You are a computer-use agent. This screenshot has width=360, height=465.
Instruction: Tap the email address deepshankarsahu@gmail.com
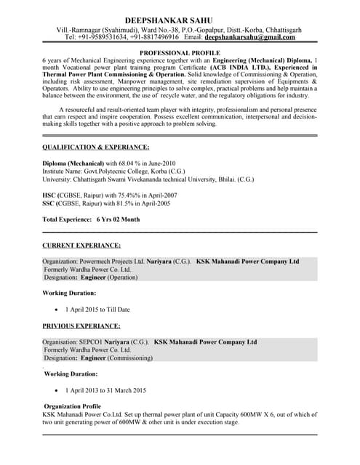[x=249, y=36]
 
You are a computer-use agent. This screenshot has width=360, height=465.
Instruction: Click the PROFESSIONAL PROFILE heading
[x=180, y=54]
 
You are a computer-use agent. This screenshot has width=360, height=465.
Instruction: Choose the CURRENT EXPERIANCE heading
[x=81, y=246]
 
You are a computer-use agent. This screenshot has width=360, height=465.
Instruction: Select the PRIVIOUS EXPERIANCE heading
[x=81, y=325]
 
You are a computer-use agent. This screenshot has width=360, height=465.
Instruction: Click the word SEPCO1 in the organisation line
[x=89, y=341]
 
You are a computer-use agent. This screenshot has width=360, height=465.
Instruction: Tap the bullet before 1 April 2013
[x=56, y=389]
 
